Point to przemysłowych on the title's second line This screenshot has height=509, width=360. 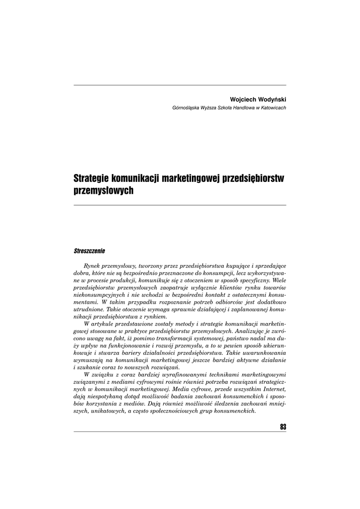(x=104, y=190)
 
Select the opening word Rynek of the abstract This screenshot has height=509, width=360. (x=93, y=266)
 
